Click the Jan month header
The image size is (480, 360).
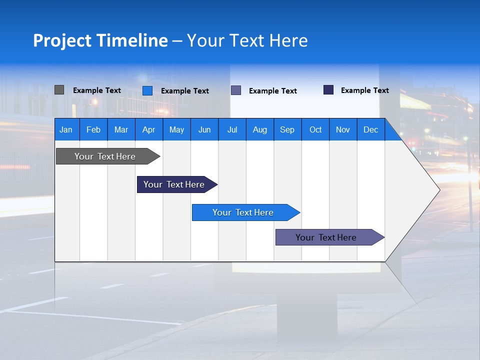tap(66, 129)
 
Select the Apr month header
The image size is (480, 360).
tap(149, 129)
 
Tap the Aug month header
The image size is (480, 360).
tap(260, 129)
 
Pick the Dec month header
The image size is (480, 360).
tap(371, 129)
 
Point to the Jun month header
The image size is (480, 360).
tap(204, 129)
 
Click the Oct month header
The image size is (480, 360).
tap(315, 129)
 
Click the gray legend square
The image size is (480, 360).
tap(59, 90)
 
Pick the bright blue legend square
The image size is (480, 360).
tap(147, 90)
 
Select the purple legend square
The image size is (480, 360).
tap(236, 90)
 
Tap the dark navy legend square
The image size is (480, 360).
tap(328, 90)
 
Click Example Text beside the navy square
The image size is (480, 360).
tap(365, 90)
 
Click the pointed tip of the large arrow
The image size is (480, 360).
tap(438, 190)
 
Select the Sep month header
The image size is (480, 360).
tap(287, 129)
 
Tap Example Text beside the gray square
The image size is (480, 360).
tap(97, 90)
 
